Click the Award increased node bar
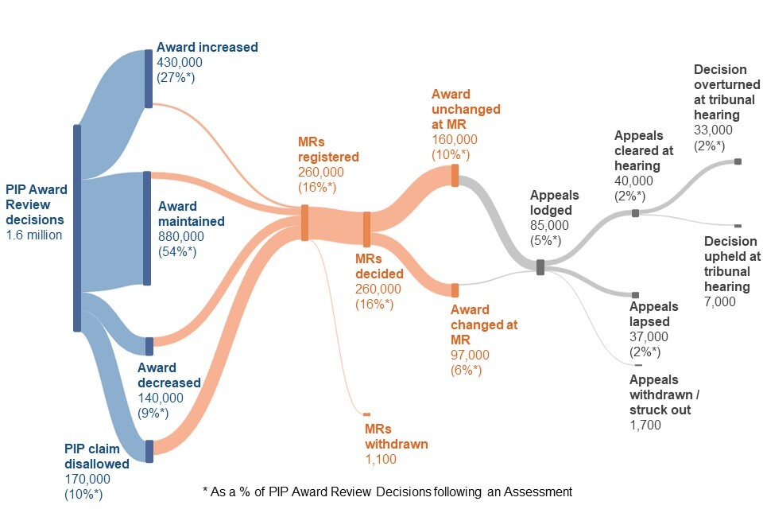coord(149,78)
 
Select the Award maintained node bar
coord(147,227)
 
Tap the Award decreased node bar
coord(149,346)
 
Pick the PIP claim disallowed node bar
coord(149,450)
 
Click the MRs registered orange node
coord(304,222)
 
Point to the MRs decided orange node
coord(366,229)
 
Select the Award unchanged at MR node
coord(455,175)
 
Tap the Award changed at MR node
coord(455,290)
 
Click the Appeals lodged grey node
coord(540,267)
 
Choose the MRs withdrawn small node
coord(366,414)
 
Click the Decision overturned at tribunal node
coord(738,161)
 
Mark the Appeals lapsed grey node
coord(634,295)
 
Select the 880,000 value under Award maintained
coord(180,236)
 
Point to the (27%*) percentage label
coord(176,77)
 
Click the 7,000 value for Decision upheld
coord(720,301)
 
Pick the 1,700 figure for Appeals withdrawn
coord(645,425)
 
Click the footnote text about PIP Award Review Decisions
coord(387,492)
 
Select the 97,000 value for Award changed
coord(471,355)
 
